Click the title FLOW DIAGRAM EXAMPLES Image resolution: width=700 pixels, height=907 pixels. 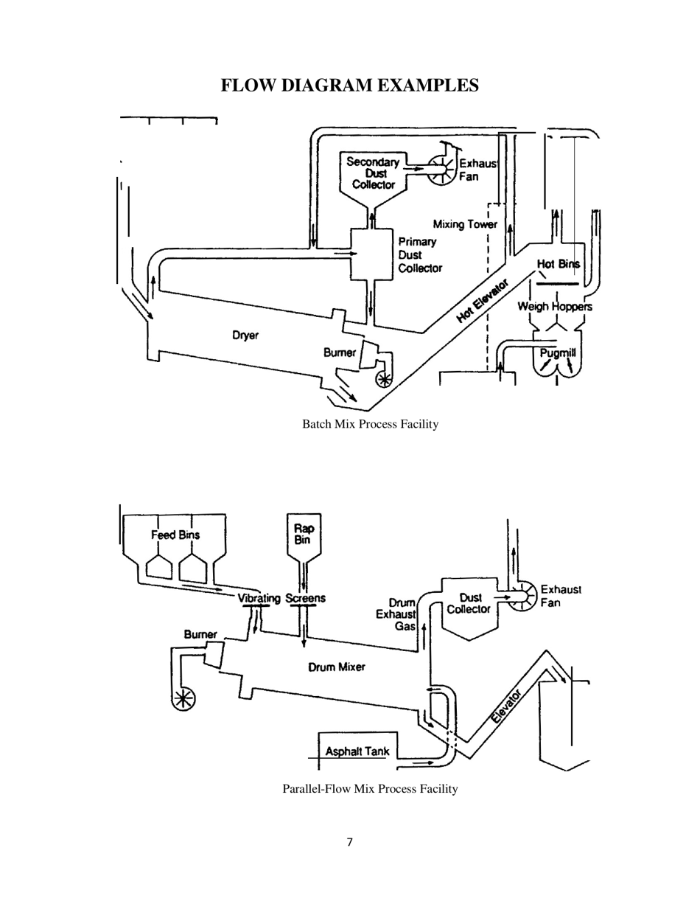(x=350, y=86)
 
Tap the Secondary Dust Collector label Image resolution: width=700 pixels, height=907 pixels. (x=373, y=173)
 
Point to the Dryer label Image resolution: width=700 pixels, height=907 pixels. (x=245, y=336)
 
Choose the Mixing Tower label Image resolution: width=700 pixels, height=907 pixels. (x=464, y=224)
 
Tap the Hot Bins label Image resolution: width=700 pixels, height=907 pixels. (x=558, y=264)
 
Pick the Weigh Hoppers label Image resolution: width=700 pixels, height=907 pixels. (x=554, y=306)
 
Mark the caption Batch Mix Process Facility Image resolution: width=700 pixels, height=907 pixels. (x=371, y=424)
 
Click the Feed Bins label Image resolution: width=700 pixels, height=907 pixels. (x=175, y=535)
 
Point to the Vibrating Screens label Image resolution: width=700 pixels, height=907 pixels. (x=281, y=598)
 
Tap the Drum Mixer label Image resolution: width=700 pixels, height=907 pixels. (x=336, y=667)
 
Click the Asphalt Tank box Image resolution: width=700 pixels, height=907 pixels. (x=357, y=750)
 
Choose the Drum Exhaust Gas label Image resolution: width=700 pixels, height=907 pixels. (x=398, y=614)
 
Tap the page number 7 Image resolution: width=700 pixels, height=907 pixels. (x=349, y=842)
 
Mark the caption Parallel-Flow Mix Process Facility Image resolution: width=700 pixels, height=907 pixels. (x=370, y=789)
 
